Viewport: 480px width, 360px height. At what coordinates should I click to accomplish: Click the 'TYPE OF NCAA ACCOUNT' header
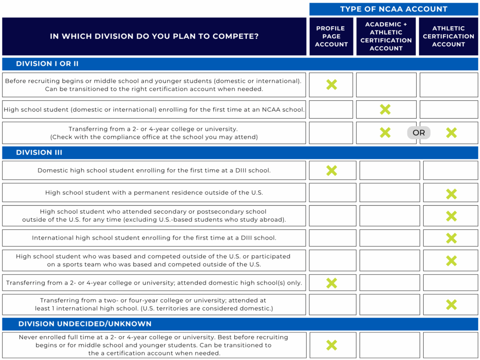393,9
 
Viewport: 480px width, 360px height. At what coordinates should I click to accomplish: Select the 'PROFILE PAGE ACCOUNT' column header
331,36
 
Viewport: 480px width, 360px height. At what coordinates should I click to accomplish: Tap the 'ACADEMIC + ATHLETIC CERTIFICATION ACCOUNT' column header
386,36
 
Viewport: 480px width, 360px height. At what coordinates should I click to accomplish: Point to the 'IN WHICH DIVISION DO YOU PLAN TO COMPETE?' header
154,36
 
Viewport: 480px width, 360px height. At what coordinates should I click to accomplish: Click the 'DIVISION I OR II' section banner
47,64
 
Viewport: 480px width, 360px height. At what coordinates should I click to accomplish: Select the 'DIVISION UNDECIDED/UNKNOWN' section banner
85,324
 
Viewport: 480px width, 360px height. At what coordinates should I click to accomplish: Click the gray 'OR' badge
419,133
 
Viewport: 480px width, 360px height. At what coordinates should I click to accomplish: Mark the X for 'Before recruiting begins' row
331,85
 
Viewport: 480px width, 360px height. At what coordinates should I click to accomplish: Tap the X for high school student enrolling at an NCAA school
385,109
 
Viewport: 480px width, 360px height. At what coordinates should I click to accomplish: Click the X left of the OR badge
385,133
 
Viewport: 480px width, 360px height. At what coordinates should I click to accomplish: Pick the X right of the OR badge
451,133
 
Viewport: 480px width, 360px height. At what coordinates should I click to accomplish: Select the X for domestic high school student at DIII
331,171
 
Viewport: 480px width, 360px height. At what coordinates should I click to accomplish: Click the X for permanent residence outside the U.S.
451,194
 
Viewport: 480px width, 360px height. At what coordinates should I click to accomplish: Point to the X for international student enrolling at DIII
451,238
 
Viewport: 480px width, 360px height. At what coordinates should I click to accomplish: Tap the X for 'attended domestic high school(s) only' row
331,283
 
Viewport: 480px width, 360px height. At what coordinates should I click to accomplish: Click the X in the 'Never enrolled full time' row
331,345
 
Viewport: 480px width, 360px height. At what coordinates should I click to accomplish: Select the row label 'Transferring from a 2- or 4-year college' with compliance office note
154,133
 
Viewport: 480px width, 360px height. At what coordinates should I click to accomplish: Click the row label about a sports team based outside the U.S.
154,260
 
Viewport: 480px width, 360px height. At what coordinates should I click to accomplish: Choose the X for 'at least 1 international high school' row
451,305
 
